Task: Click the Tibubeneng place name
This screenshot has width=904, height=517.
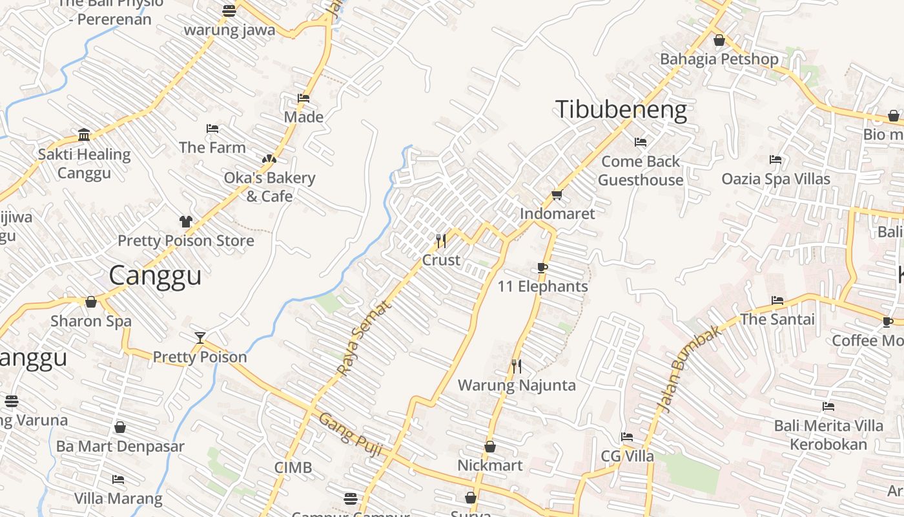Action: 621,110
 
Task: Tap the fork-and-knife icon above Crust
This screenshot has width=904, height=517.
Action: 441,241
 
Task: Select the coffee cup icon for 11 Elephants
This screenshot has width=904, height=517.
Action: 542,268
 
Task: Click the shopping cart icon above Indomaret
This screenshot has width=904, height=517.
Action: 557,195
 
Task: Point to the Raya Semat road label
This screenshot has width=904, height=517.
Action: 364,338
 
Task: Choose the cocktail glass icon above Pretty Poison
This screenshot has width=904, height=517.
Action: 200,337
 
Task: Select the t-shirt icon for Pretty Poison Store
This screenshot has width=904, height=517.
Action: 186,222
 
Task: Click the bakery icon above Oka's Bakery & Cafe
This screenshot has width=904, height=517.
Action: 269,159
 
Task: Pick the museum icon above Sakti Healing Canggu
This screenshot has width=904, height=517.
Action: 84,134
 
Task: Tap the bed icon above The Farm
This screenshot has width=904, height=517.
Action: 212,129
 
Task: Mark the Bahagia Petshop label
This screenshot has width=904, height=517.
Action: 719,59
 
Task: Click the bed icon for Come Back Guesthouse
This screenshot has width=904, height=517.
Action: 641,142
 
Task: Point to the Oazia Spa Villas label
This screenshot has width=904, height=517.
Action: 776,178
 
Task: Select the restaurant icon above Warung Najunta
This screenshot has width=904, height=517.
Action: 517,366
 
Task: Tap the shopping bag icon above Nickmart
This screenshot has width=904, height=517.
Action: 490,447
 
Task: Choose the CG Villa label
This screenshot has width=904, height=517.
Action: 627,456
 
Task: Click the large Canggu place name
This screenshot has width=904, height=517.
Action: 155,276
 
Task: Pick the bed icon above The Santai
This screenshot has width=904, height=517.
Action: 777,301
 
